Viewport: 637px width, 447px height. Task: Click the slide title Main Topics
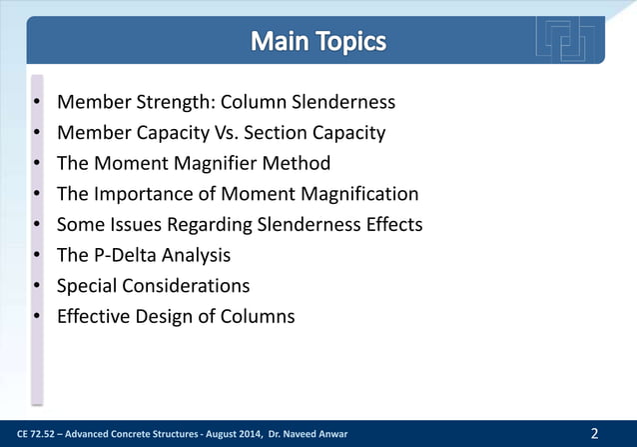(318, 43)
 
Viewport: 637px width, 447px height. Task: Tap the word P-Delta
(127, 255)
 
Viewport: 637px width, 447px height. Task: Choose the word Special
(90, 286)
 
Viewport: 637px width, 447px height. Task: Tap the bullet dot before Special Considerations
(36, 287)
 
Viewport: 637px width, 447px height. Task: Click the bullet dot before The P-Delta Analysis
(36, 256)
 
